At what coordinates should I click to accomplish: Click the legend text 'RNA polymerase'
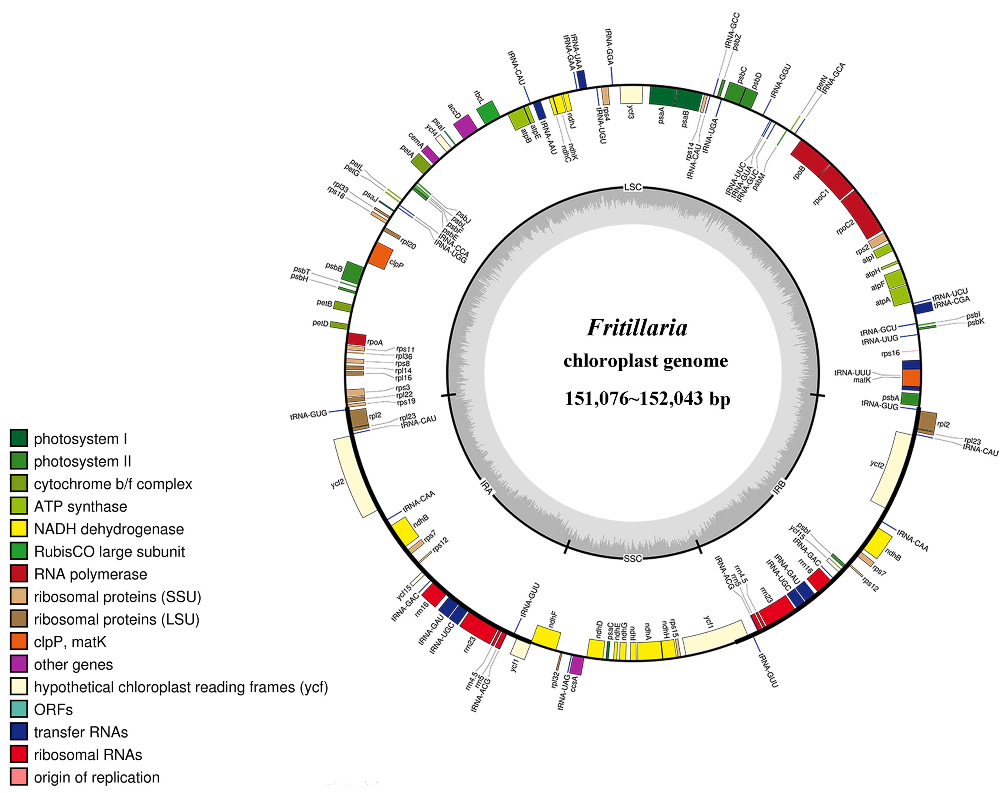point(91,574)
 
